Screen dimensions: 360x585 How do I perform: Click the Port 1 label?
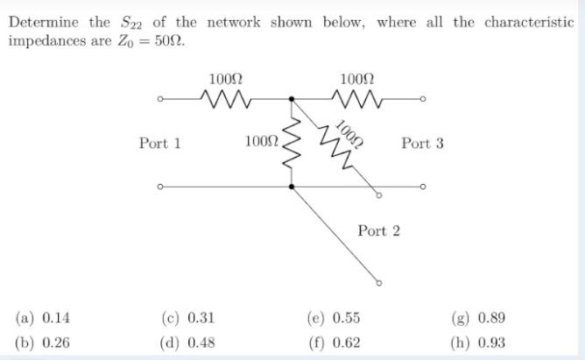pyautogui.click(x=159, y=143)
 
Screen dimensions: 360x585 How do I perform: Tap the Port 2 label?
pyautogui.click(x=378, y=230)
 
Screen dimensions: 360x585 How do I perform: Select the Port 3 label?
pyautogui.click(x=422, y=143)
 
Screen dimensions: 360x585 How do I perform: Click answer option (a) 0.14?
pyautogui.click(x=43, y=318)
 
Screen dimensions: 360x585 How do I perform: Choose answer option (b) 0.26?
pyautogui.click(x=43, y=342)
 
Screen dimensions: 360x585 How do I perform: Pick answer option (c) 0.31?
pyautogui.click(x=188, y=318)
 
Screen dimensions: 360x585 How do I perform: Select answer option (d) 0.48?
pyautogui.click(x=188, y=342)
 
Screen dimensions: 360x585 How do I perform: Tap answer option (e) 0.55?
pyautogui.click(x=334, y=318)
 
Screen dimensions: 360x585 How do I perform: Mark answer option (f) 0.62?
pyautogui.click(x=334, y=342)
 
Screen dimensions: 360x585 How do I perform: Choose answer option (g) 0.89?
pyautogui.click(x=478, y=318)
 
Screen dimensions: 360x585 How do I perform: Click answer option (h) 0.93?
pyautogui.click(x=478, y=342)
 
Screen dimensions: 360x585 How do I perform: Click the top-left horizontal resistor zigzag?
pyautogui.click(x=226, y=99)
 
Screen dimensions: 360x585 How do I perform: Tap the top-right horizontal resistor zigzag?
pyautogui.click(x=356, y=99)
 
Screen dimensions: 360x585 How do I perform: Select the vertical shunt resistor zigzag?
pyautogui.click(x=292, y=142)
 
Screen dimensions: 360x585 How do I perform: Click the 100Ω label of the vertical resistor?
pyautogui.click(x=261, y=140)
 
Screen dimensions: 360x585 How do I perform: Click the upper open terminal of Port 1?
pyautogui.click(x=160, y=99)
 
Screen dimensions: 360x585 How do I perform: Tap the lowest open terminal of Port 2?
pyautogui.click(x=378, y=283)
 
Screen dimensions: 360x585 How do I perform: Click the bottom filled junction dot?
pyautogui.click(x=292, y=186)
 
